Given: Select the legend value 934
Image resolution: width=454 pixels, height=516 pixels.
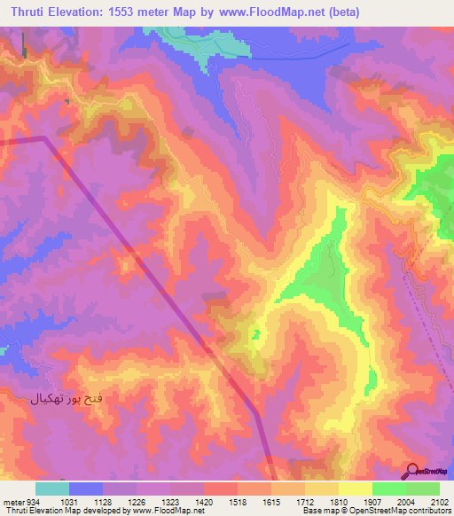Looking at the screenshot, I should (26, 502).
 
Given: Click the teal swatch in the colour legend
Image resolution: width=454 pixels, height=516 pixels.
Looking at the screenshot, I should (52, 489).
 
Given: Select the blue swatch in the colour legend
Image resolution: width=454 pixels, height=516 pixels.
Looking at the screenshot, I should (86, 489).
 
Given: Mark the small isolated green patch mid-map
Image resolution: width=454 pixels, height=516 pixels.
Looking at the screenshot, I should (255, 334).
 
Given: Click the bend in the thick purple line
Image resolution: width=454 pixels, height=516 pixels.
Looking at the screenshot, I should (44, 139).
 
